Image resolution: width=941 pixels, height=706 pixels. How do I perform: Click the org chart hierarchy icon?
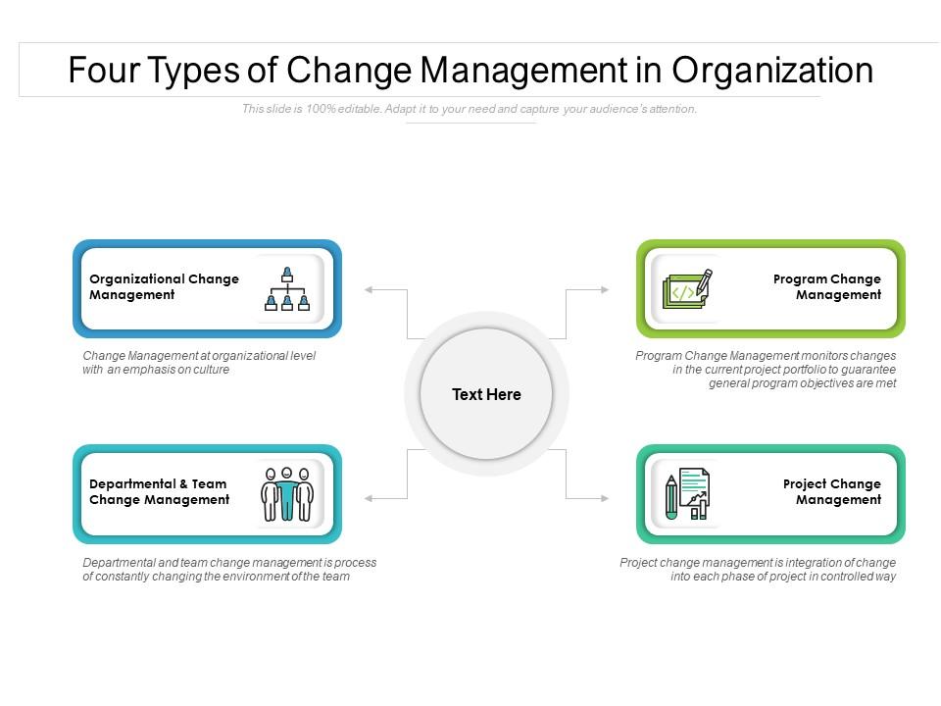coord(287,288)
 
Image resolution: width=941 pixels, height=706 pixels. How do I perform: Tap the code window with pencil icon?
coord(688,288)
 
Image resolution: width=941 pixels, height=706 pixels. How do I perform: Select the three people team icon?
coord(287,494)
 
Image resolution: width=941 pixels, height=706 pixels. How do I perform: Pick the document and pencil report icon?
coord(687,494)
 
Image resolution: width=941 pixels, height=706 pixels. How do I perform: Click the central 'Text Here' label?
coord(486,394)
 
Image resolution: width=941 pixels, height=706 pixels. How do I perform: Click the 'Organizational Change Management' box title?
coord(164,287)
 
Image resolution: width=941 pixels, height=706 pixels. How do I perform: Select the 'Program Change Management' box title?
coord(827,287)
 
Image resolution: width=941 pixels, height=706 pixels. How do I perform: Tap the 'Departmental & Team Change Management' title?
coord(159,491)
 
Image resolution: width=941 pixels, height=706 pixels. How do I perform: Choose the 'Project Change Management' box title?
coord(832,491)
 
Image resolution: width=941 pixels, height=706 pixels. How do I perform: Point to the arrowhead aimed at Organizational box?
coord(368,290)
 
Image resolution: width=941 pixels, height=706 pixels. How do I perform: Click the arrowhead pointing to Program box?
coord(605,290)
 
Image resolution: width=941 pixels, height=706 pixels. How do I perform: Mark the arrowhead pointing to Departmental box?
coord(368,498)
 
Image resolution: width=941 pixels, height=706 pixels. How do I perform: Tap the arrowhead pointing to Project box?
coord(605,498)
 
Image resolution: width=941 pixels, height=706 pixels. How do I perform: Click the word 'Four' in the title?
coord(103,71)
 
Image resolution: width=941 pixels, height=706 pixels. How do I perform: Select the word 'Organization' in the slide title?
coord(772,71)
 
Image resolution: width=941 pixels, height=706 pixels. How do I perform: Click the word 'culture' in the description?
coord(211,370)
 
